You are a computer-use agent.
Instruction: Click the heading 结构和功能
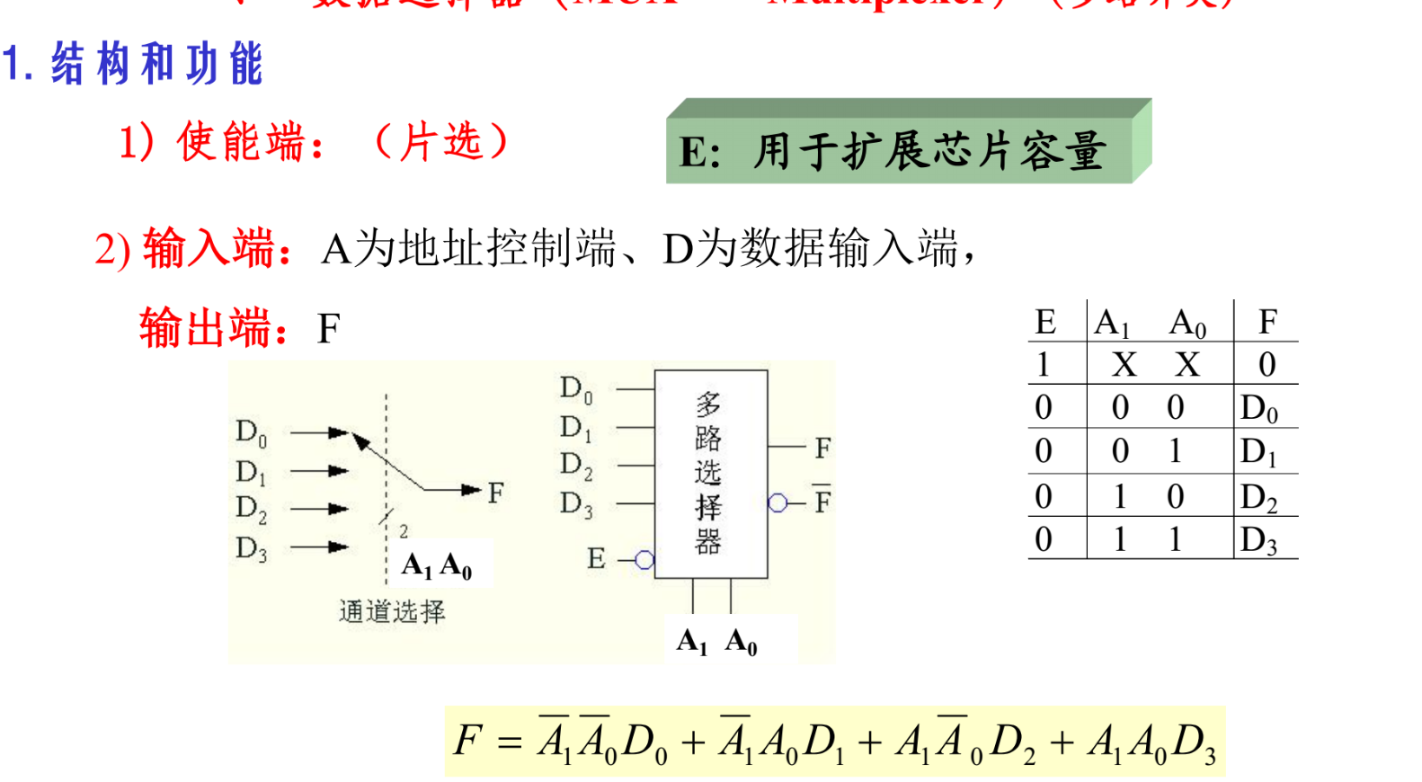click(156, 64)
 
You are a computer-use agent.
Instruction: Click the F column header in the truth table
click(1267, 321)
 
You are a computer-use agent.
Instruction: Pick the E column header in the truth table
click(1044, 321)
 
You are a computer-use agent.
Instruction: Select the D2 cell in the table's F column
click(1258, 497)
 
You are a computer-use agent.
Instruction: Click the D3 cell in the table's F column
click(1258, 540)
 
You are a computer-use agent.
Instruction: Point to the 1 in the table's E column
click(1043, 364)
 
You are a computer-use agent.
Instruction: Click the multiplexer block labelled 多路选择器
click(710, 473)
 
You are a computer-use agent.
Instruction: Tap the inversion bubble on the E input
click(644, 560)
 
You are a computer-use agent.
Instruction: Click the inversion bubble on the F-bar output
click(778, 503)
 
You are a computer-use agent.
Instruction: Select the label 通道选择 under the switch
click(392, 612)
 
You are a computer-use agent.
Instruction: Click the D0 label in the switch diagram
click(251, 432)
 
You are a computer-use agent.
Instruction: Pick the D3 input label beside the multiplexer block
click(576, 504)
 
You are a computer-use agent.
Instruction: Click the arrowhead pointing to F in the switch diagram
click(471, 490)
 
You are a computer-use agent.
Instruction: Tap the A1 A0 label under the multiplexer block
click(716, 642)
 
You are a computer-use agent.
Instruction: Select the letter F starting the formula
click(468, 741)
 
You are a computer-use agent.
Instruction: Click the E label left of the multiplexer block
click(596, 559)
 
